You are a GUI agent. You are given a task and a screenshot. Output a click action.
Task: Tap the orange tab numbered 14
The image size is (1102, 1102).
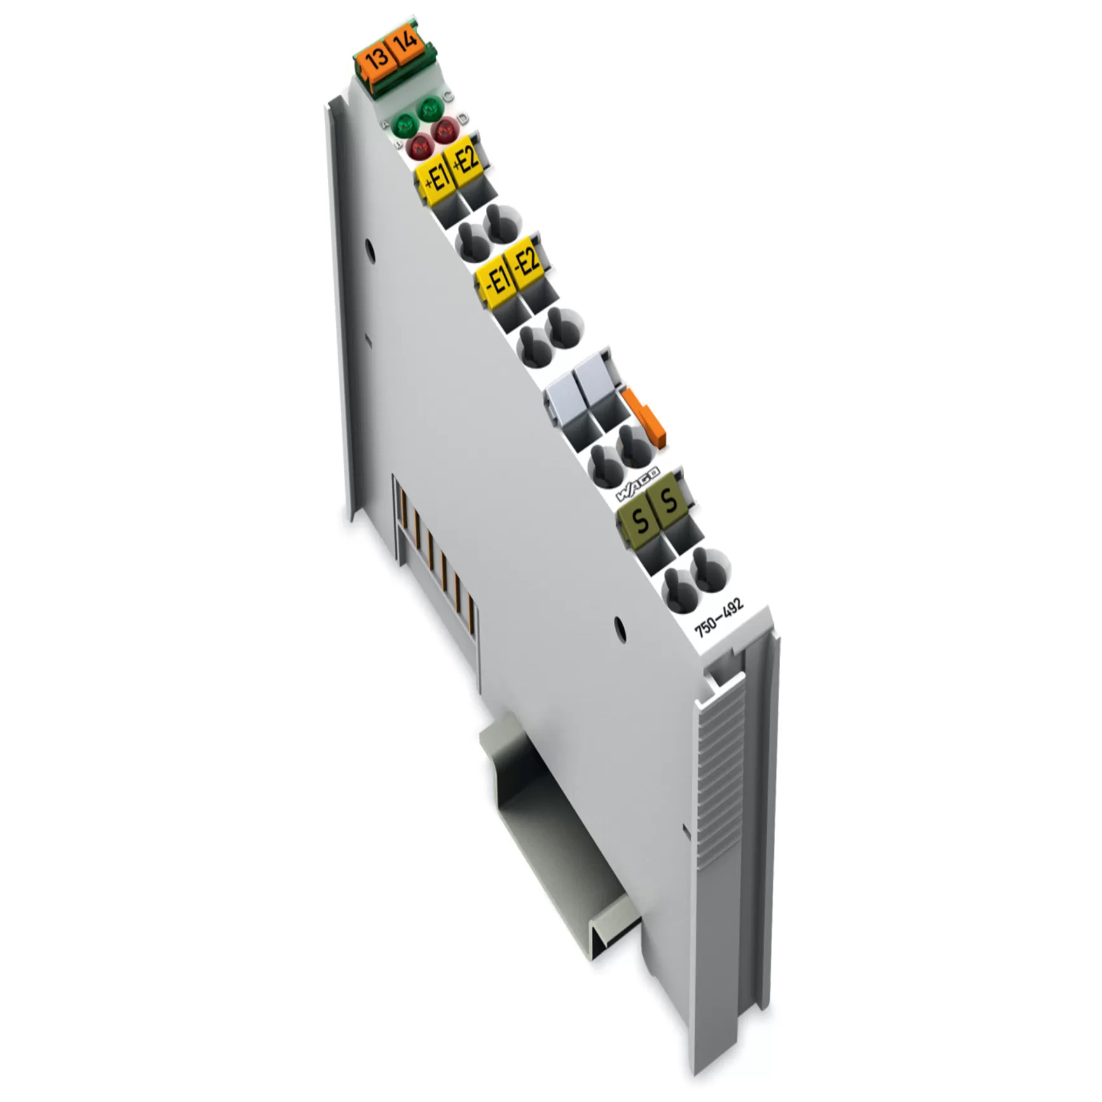click(x=406, y=42)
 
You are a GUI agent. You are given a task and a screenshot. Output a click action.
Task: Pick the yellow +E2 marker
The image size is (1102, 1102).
click(x=465, y=160)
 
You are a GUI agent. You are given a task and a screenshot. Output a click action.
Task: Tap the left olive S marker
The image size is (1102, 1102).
click(x=640, y=521)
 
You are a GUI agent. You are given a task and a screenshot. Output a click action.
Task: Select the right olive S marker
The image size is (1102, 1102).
click(x=668, y=503)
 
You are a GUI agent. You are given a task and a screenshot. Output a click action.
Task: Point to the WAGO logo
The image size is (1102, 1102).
click(x=638, y=485)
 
